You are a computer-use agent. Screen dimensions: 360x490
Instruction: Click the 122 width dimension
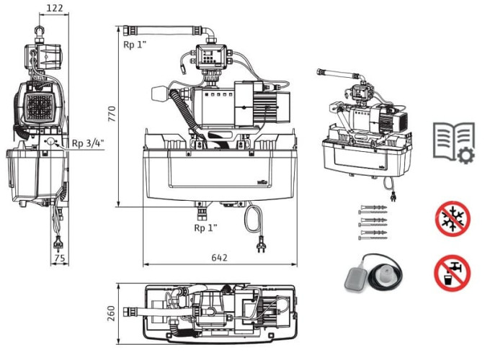click(x=54, y=8)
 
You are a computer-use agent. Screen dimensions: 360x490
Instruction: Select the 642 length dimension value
click(x=220, y=257)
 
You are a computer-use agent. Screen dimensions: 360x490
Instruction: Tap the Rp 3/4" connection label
click(x=87, y=143)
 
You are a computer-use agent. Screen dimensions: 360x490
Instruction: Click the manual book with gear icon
click(x=453, y=140)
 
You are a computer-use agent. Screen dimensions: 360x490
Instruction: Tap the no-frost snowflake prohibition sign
click(x=452, y=218)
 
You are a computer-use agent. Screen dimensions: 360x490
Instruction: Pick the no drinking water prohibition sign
click(x=452, y=274)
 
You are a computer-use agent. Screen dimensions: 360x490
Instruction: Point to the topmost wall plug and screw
click(x=373, y=206)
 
